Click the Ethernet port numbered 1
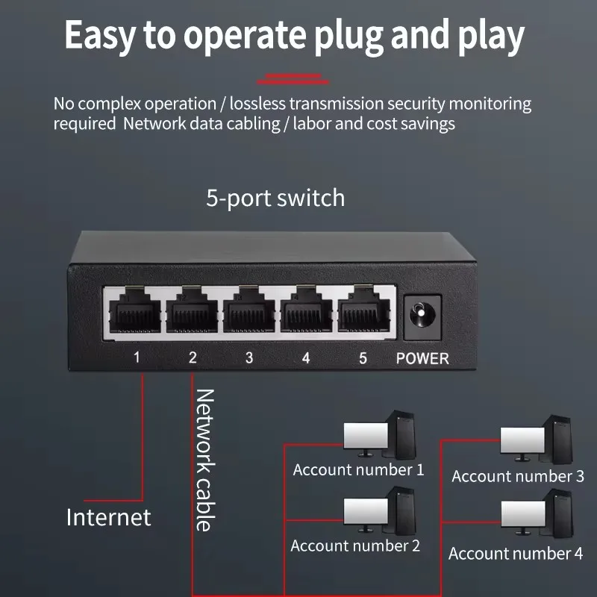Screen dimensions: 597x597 [x=137, y=310]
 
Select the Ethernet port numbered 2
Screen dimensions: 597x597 [x=193, y=310]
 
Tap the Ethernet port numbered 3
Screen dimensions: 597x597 [x=249, y=310]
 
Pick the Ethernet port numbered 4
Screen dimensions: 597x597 [x=306, y=310]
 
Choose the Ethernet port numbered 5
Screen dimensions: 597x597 [x=363, y=310]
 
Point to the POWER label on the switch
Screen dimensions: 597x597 [x=422, y=358]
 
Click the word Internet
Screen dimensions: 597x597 [x=109, y=517]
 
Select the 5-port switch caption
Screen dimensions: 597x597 [x=275, y=199]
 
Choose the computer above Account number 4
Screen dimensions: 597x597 [x=536, y=515]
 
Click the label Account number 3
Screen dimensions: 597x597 [x=517, y=476]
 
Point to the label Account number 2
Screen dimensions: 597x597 [x=355, y=546]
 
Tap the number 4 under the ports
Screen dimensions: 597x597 [x=306, y=357]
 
